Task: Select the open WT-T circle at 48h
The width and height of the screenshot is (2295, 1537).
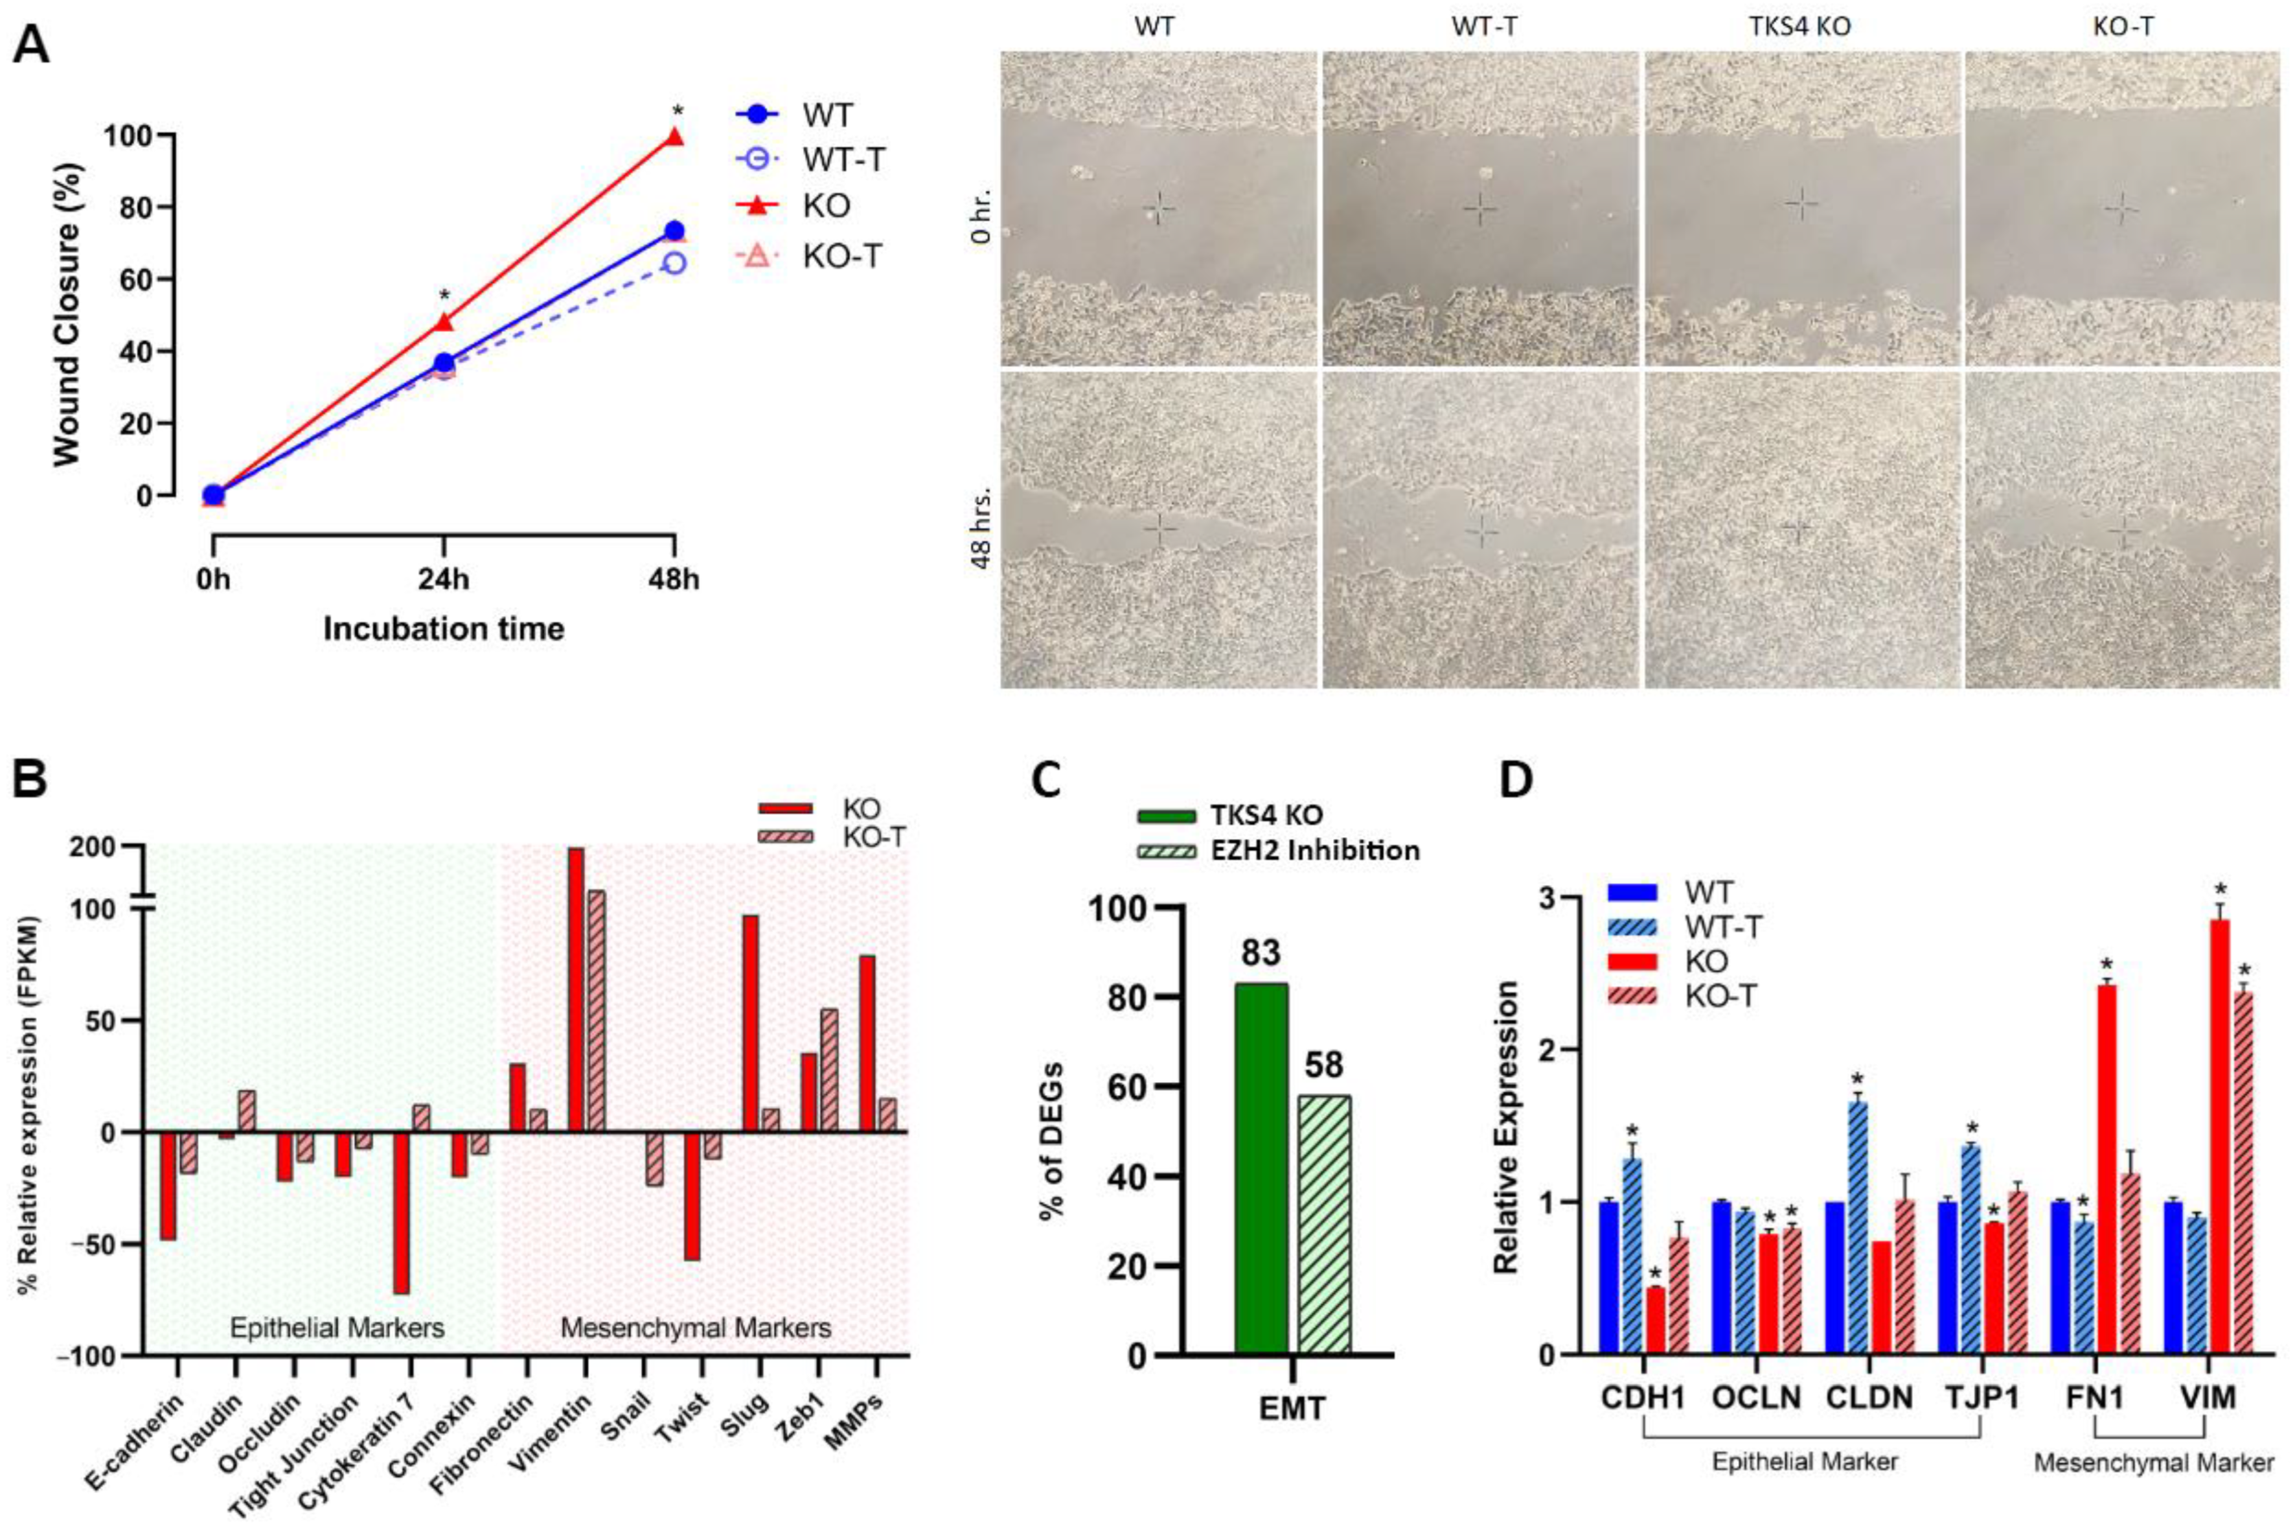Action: coord(674,262)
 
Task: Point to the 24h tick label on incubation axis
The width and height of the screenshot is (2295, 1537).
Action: coord(444,579)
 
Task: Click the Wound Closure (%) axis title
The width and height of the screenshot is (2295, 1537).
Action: coord(67,314)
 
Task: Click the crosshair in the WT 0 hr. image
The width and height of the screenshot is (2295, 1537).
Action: coord(1159,208)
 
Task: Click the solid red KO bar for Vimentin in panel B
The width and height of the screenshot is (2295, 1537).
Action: coord(577,990)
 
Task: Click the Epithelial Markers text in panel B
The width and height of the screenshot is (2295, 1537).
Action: coord(336,1328)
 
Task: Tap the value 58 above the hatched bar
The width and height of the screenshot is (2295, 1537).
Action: coord(1323,1065)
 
